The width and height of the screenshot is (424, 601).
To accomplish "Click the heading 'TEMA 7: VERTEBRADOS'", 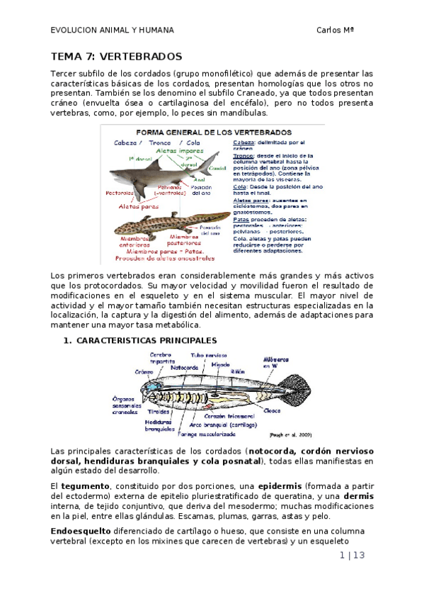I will pyautogui.click(x=116, y=56).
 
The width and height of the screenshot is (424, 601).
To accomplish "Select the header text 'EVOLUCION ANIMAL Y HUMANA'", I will pyautogui.click(x=112, y=30).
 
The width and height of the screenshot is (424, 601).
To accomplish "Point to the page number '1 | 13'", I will pyautogui.click(x=352, y=555).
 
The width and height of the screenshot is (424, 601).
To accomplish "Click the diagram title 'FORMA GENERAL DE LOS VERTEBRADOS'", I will pyautogui.click(x=213, y=133).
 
